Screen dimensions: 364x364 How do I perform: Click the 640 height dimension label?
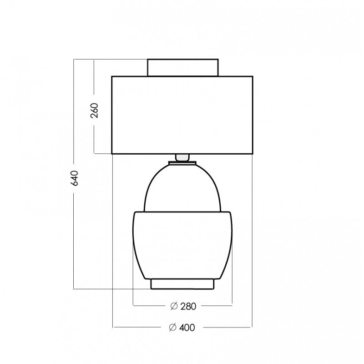click(x=75, y=178)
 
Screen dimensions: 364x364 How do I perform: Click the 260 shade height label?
click(x=94, y=111)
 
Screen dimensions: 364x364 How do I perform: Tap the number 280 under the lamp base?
click(x=188, y=306)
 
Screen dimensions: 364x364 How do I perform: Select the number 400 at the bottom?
click(x=187, y=328)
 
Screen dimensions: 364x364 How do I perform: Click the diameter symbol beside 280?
click(x=174, y=306)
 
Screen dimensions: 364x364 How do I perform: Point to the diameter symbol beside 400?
click(x=172, y=327)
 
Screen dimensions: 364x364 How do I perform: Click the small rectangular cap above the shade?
click(x=183, y=67)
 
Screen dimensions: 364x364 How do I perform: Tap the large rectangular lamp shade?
click(x=182, y=115)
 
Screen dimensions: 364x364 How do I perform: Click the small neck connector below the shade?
click(x=182, y=157)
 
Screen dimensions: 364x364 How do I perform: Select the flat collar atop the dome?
click(x=182, y=163)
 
